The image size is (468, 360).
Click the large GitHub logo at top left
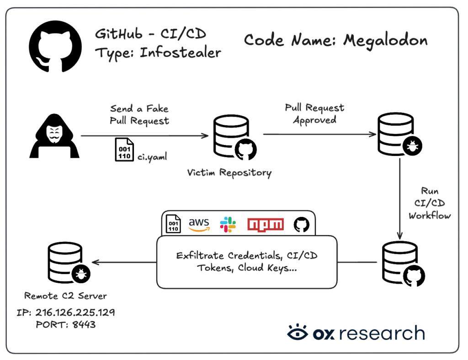coord(55,46)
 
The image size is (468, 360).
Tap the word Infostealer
coord(180,53)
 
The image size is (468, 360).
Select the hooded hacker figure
coord(54,136)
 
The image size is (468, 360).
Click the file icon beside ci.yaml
coord(124,150)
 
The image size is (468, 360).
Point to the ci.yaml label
coord(152,157)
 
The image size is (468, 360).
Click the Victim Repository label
coord(229,173)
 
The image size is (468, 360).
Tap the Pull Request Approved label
coord(314,113)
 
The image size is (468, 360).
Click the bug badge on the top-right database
coord(412,146)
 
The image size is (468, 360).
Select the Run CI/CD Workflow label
coord(430,203)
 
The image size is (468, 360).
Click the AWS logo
coord(199,225)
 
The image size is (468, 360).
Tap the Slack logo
coord(228,225)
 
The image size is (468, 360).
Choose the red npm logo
coord(266,225)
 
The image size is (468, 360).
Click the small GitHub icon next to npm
coord(302,225)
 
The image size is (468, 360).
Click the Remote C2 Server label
coord(65,296)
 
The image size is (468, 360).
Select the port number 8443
coord(84,324)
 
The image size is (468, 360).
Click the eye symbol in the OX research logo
coord(297,332)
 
